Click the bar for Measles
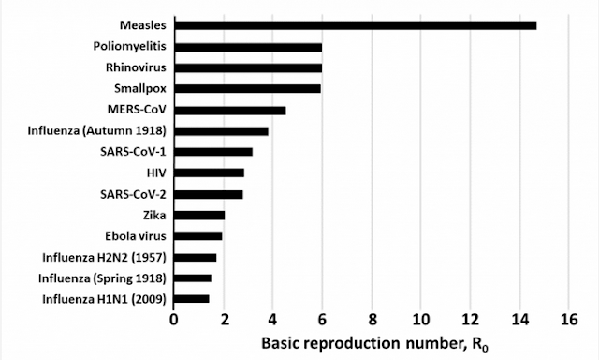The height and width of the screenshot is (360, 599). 356,25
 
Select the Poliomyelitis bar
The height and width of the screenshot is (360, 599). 248,47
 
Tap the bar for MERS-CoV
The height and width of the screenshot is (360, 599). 230,111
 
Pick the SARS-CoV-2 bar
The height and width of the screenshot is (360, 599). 209,195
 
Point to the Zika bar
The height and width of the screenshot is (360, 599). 199,216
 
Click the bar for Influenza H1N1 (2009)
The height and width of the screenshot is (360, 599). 192,299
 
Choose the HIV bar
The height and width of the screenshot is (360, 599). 210,172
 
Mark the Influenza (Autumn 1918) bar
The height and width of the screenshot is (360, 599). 222,131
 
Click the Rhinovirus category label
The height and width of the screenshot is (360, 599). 136,67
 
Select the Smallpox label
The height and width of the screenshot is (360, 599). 140,89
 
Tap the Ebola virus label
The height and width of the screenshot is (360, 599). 136,236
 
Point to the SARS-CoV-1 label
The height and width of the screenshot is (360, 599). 133,152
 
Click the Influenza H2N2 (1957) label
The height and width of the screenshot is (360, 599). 104,258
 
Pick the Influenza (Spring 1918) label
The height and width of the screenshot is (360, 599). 102,278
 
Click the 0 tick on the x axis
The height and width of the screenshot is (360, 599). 174,319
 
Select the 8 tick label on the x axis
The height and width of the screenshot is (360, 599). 372,319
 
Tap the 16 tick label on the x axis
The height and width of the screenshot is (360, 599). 569,319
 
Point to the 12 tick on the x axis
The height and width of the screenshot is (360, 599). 470,319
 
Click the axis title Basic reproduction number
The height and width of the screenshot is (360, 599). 362,343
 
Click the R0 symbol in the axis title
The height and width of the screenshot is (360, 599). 480,345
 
